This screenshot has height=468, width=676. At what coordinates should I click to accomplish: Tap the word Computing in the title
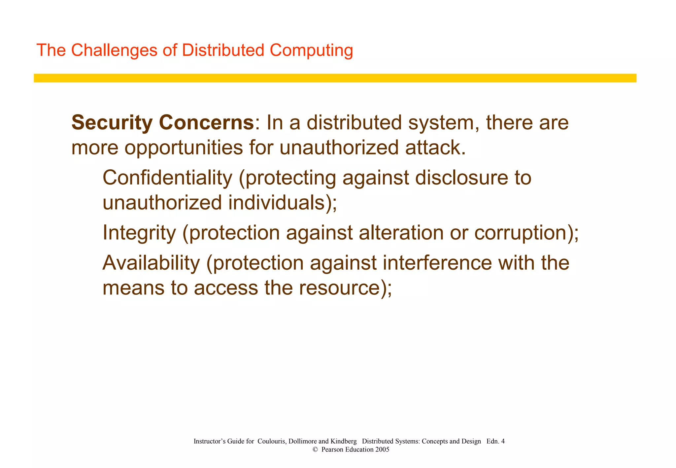[311, 50]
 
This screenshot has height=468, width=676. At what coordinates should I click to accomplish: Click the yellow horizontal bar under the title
[335, 78]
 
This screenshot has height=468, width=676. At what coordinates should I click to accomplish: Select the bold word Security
[111, 123]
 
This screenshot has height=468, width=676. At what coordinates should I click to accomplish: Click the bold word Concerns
[206, 123]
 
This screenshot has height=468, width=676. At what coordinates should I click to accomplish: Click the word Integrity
[139, 233]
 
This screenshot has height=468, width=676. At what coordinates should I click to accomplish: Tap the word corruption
[520, 233]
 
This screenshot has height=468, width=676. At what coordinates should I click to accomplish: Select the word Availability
[151, 263]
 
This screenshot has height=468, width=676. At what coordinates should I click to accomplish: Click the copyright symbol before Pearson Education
[315, 450]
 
